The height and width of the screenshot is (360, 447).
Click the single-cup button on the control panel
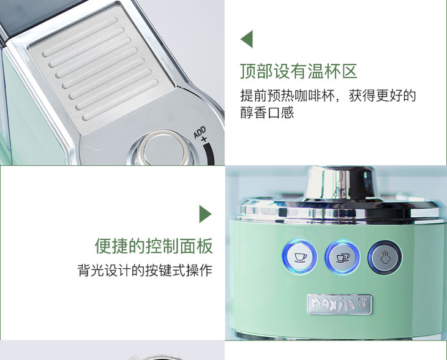click(x=299, y=257)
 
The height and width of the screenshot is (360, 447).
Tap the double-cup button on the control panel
click(x=342, y=257)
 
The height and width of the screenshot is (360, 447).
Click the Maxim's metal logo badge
click(x=339, y=304)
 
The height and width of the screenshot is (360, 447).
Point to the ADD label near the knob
click(x=200, y=132)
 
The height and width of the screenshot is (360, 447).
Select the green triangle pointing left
click(x=247, y=39)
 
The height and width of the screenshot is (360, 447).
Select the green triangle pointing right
click(x=206, y=214)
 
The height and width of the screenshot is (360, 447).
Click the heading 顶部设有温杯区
click(x=298, y=71)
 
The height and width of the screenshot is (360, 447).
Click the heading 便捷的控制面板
click(x=154, y=246)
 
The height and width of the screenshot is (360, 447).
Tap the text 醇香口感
click(x=267, y=112)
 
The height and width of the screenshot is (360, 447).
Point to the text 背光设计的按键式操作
click(x=145, y=270)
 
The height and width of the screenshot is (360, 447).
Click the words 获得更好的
click(x=383, y=96)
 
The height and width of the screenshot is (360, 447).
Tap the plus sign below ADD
click(x=203, y=140)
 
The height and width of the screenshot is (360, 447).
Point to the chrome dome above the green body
click(x=340, y=182)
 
